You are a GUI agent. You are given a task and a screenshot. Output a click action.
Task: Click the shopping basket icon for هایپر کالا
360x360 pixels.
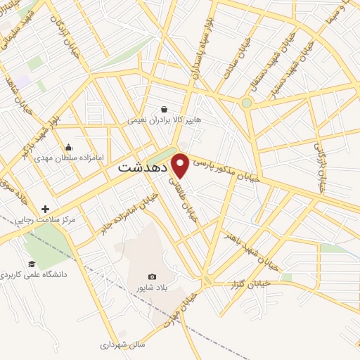165,109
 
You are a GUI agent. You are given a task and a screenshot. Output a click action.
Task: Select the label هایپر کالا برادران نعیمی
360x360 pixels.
164,120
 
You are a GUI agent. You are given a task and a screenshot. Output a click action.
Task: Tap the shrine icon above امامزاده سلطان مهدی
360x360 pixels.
68,147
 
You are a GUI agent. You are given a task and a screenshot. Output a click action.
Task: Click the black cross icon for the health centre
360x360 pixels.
46,209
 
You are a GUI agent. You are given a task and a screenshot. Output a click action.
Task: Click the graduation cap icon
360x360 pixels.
32,264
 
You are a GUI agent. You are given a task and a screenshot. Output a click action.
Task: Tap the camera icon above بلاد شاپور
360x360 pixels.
153,277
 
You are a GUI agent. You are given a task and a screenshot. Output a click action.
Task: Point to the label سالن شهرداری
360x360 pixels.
122,345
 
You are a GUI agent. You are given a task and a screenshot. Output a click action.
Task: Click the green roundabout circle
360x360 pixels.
246,103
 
